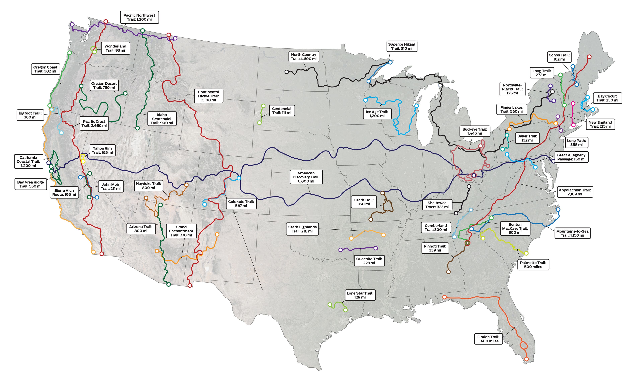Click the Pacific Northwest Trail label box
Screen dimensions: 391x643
139,17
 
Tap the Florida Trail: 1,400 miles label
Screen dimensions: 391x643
488,339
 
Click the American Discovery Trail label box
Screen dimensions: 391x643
306,177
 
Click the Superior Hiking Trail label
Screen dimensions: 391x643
401,46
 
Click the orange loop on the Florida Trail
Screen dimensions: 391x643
523,346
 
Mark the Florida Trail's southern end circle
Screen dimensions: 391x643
526,359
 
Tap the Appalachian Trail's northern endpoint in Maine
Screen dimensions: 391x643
589,57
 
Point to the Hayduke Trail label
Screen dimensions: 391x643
148,186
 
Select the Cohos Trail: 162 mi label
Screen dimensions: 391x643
559,57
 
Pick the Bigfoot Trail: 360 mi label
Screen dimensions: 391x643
30,115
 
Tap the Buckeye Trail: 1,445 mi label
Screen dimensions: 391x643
474,131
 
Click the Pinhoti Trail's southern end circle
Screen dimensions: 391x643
448,272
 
